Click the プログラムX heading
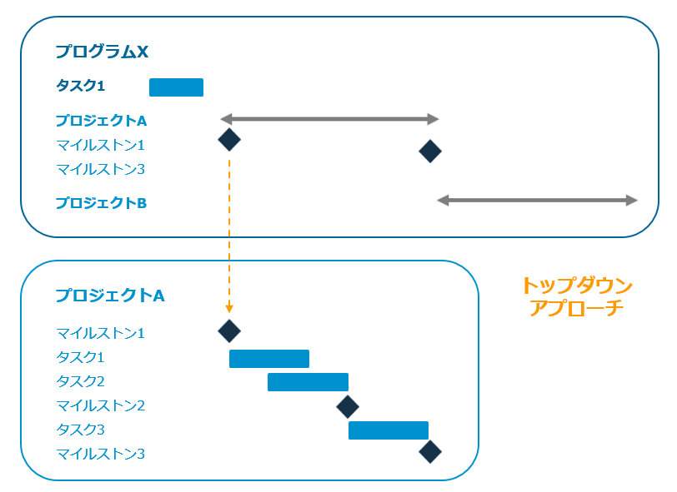tap(102, 52)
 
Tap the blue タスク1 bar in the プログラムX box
tap(176, 87)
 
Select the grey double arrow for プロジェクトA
tap(329, 119)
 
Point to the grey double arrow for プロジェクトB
tap(537, 201)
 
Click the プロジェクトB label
tap(101, 202)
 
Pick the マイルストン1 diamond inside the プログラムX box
tap(229, 140)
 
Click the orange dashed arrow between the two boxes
tap(229, 233)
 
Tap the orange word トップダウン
tap(577, 286)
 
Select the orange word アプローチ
tap(577, 308)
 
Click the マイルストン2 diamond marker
tap(348, 406)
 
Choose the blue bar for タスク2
tap(308, 382)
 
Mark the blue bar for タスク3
tap(389, 430)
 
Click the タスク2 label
tap(80, 382)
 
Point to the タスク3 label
tap(80, 430)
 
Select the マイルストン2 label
tap(101, 406)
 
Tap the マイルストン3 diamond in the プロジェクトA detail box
tap(430, 451)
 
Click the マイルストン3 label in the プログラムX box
tap(101, 170)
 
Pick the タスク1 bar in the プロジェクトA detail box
tap(269, 359)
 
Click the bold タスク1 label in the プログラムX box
tap(80, 86)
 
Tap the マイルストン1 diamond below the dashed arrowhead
tap(229, 331)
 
